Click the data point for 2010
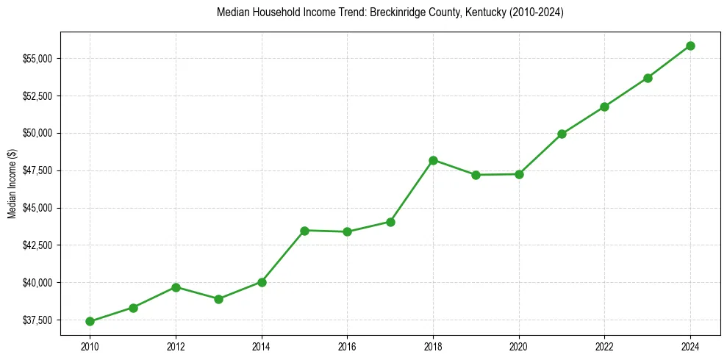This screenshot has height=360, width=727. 90,321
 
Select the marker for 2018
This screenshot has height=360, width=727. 433,160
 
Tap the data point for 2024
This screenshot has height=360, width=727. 690,46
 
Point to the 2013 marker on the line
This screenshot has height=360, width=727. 218,299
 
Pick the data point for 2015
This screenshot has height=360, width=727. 304,231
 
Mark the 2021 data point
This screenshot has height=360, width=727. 562,134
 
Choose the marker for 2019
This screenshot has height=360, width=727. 476,175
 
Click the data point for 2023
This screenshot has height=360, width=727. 648,78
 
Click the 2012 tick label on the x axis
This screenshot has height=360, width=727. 176,346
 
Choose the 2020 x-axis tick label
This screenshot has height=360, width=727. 519,346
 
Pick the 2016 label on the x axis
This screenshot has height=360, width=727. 347,346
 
